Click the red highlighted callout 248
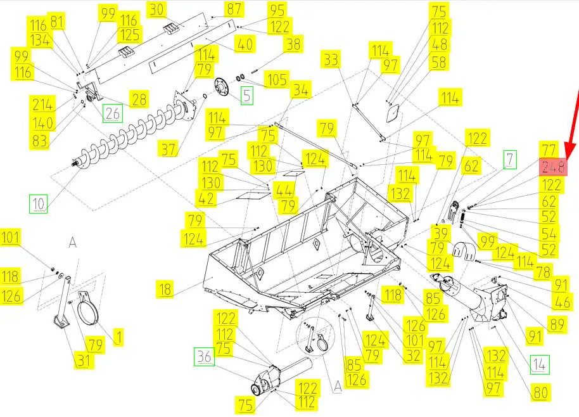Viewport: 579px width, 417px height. (x=553, y=167)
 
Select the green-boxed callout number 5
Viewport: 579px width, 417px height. (x=247, y=96)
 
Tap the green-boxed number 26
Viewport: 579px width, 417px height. (x=113, y=113)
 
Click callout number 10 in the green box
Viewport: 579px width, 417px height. (x=39, y=204)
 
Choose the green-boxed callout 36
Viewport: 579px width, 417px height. (x=204, y=356)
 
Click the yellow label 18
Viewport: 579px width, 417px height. (x=165, y=289)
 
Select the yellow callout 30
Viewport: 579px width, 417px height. (x=157, y=10)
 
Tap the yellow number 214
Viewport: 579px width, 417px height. (x=43, y=105)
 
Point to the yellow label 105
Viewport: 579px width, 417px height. (x=277, y=80)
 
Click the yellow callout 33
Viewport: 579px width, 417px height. (x=331, y=60)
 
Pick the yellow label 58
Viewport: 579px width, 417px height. (x=438, y=62)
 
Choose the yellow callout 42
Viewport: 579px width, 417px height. (x=206, y=199)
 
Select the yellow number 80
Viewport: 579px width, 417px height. (x=540, y=392)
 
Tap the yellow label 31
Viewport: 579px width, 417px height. (x=84, y=361)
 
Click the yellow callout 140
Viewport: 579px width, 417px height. (x=43, y=122)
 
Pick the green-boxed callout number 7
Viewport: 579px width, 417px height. (x=509, y=160)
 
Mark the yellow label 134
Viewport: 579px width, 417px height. (x=40, y=41)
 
